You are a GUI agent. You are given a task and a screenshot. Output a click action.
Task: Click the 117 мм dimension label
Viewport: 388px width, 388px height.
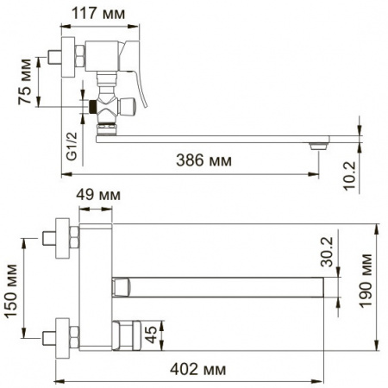point(98,13)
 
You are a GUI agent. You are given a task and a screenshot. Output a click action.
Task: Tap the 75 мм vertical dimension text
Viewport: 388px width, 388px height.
point(25,82)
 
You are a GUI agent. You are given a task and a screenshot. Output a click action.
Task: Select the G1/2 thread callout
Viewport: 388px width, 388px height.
point(72,146)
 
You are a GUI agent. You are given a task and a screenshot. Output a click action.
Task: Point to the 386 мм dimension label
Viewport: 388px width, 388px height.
point(203,160)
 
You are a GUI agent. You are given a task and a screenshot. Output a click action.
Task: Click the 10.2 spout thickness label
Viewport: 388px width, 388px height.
point(349,176)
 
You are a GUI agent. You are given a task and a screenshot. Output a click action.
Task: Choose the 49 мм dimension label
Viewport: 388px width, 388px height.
point(98,195)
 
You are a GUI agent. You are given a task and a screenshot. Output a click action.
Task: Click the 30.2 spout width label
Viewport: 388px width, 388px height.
point(327,252)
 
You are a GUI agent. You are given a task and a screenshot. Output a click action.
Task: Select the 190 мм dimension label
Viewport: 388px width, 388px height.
point(366,281)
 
